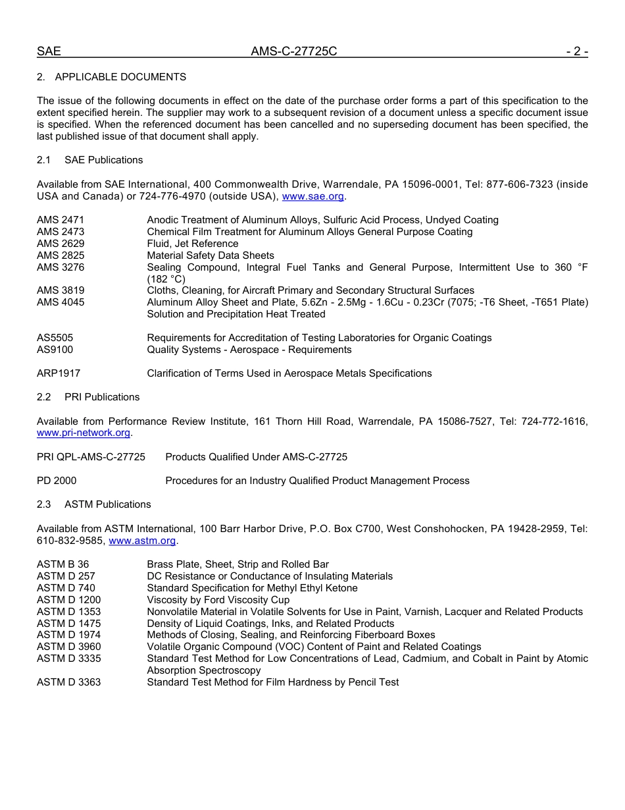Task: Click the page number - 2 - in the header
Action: tap(576, 51)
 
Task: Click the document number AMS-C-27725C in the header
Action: tap(293, 51)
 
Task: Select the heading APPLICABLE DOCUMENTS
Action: tap(120, 77)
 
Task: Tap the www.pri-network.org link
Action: tap(84, 433)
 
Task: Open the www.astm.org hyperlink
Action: tap(142, 541)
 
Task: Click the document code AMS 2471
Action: tap(61, 220)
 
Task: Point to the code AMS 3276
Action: tap(61, 267)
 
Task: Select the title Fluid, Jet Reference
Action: tap(192, 244)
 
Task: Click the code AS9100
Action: tap(55, 350)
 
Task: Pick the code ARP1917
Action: tap(59, 373)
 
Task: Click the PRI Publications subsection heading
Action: tap(102, 397)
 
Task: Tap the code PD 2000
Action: tap(57, 481)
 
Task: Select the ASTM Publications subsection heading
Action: tap(107, 504)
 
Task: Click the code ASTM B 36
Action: tap(63, 564)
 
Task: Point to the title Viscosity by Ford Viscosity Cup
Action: tap(218, 600)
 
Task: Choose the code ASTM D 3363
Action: tap(68, 682)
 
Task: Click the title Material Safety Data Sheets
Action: tap(211, 256)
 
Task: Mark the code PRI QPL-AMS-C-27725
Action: tap(91, 457)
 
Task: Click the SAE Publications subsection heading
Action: tap(103, 160)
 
